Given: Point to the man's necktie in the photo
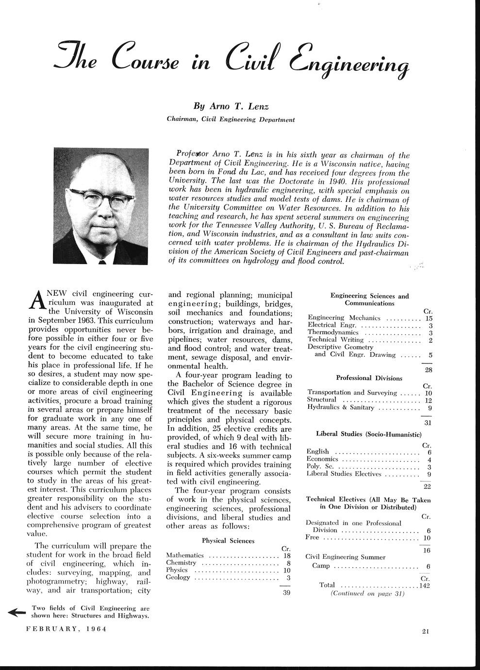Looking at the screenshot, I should pyautogui.click(x=102, y=262).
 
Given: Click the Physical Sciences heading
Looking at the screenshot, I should pyautogui.click(x=228, y=540).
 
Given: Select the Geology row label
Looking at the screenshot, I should pyautogui.click(x=178, y=577).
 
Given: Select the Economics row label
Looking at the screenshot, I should pyautogui.click(x=322, y=459).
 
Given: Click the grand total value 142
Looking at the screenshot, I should pyautogui.click(x=425, y=585).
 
